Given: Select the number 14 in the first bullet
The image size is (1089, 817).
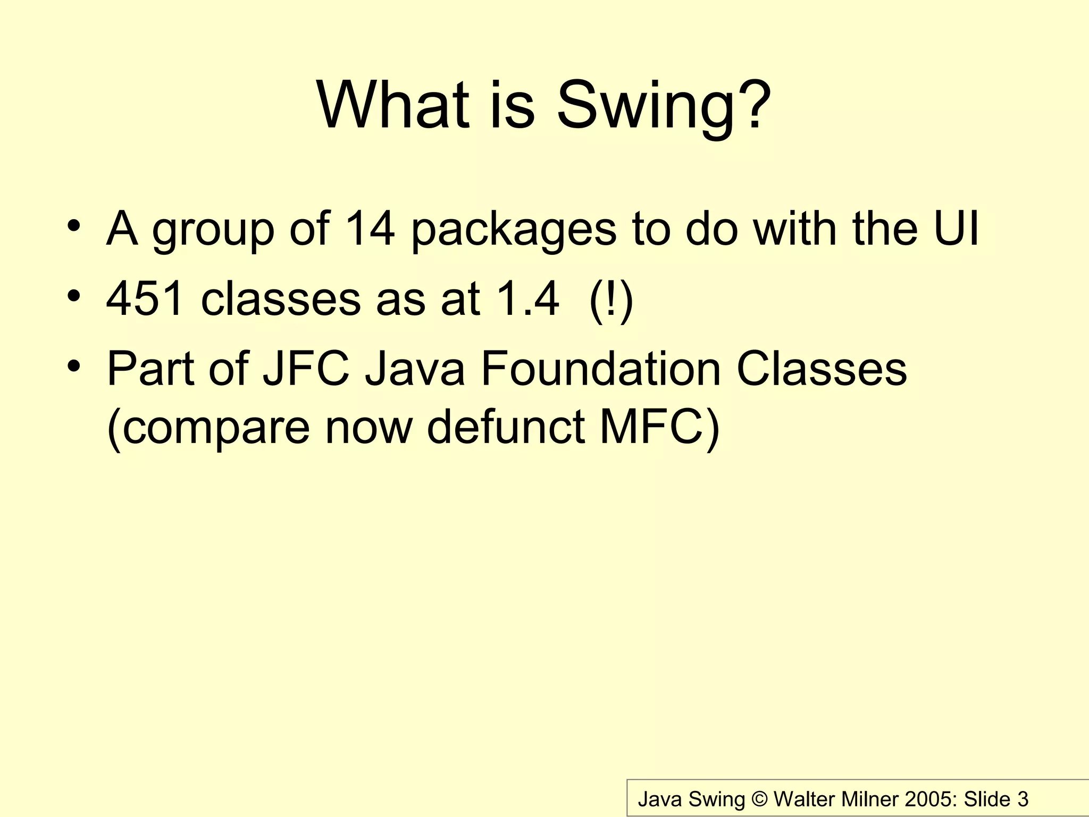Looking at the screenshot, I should pyautogui.click(x=370, y=229).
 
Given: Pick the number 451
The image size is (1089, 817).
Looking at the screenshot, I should pyautogui.click(x=146, y=299).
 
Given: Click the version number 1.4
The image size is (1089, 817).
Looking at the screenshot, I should pyautogui.click(x=527, y=299).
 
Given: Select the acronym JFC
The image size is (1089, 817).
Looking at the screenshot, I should pyautogui.click(x=306, y=369).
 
